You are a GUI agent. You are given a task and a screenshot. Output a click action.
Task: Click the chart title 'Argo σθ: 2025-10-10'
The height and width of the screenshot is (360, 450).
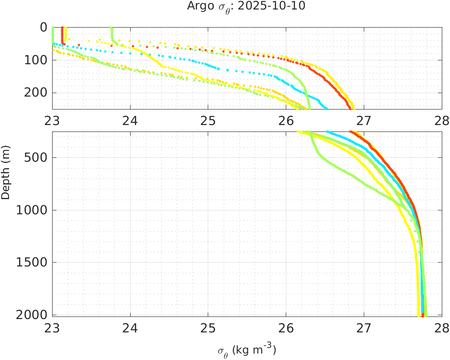click(x=246, y=6)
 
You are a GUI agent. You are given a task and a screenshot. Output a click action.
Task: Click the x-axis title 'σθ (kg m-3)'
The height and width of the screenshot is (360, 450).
click(x=246, y=350)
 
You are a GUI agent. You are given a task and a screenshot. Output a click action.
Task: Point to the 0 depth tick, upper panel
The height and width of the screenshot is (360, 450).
click(x=44, y=27)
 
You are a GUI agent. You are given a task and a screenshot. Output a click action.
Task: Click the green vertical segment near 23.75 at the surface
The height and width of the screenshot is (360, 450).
click(x=111, y=33)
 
